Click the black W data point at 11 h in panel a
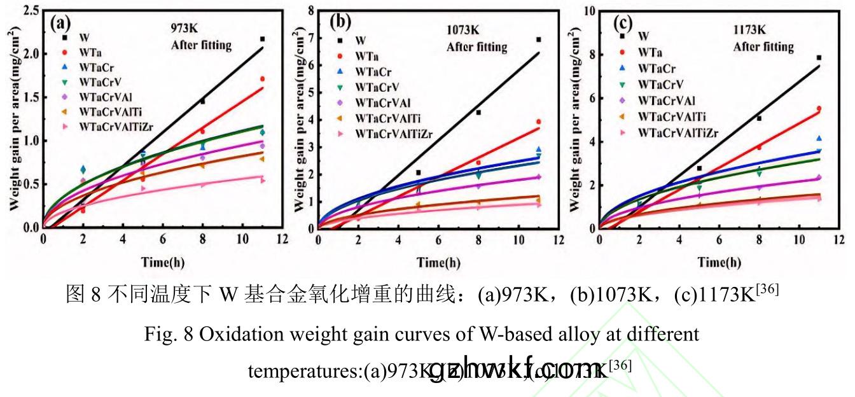tap(262, 39)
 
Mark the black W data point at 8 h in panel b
tap(478, 112)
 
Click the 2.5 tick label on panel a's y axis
tap(29, 11)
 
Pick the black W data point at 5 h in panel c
tap(699, 168)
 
